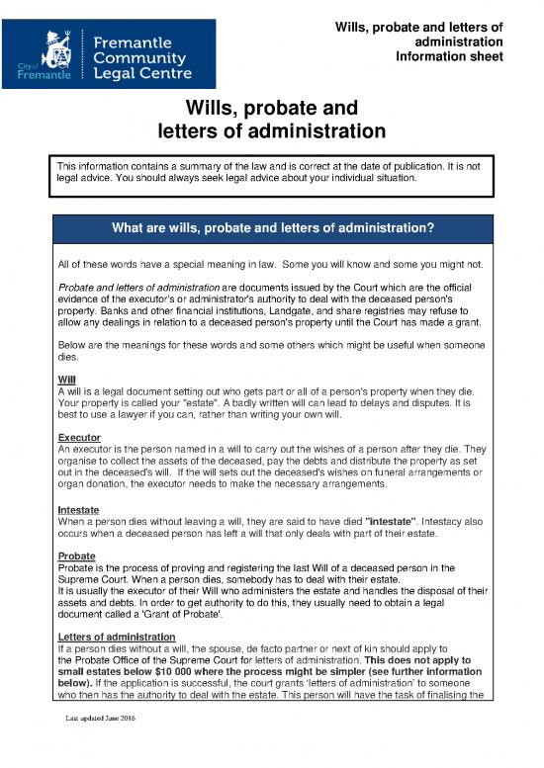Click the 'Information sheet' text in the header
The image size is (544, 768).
pos(449,56)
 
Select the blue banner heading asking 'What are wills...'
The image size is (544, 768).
pos(272,227)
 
